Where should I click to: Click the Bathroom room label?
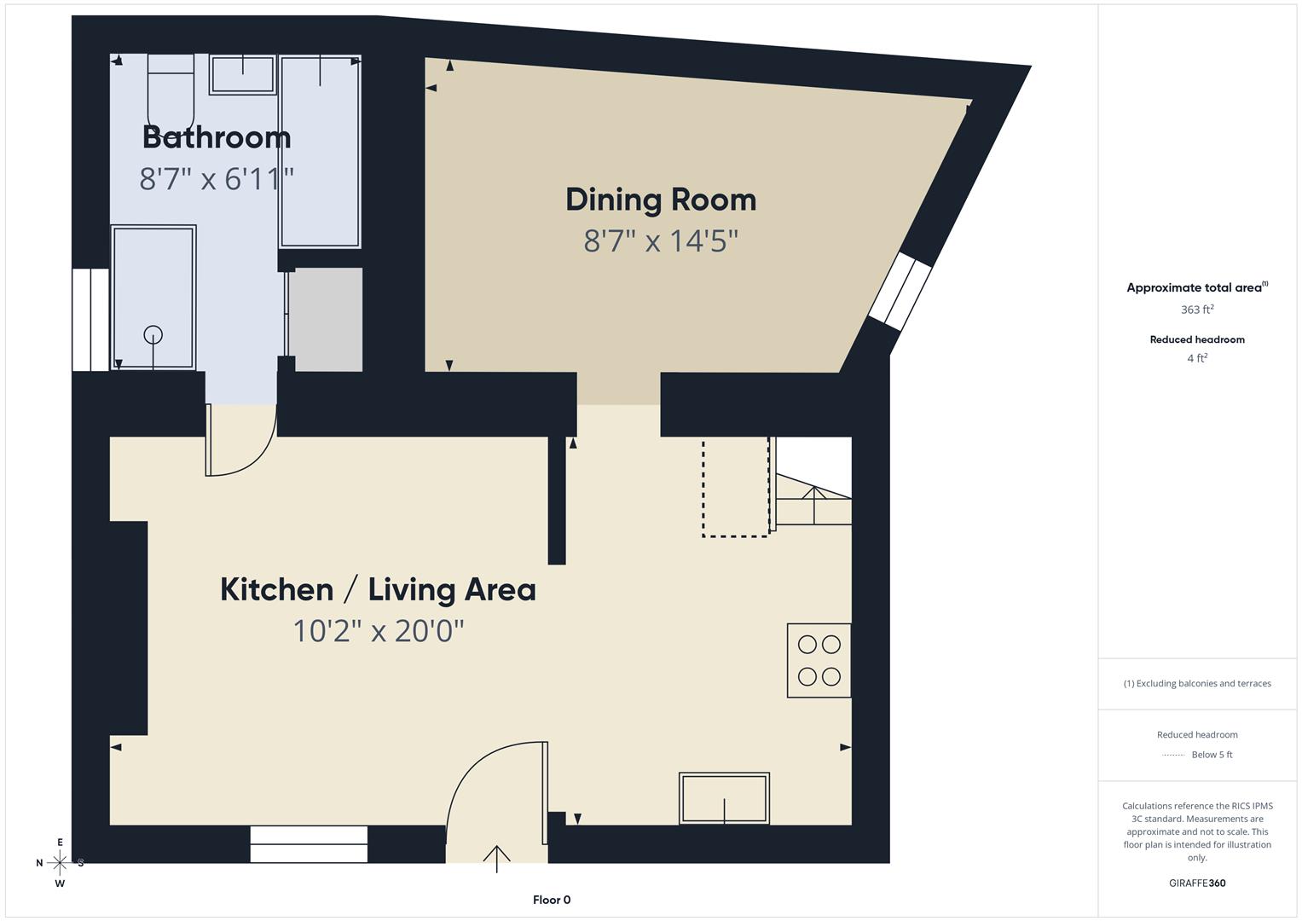217,137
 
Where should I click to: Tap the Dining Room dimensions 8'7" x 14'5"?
660,241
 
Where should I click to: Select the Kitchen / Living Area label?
378,589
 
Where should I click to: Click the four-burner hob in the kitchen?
819,661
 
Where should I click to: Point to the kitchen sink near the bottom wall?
724,798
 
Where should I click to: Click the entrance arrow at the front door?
497,857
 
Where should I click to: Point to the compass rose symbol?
60,863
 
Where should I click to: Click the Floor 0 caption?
551,900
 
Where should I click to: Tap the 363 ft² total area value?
1196,310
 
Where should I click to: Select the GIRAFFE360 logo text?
1196,883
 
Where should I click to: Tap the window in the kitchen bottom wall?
309,843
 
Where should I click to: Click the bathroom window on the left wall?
90,320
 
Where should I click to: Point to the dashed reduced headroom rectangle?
736,487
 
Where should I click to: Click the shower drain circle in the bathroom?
153,334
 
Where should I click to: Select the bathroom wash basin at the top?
243,74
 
